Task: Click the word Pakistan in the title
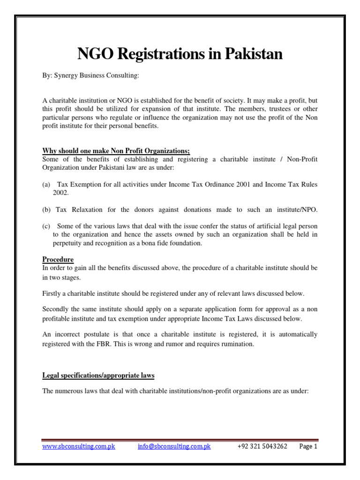coord(253,55)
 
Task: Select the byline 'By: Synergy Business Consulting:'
coord(91,76)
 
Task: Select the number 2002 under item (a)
coord(60,193)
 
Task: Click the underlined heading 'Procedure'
coord(58,259)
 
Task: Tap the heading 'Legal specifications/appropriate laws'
coord(98,375)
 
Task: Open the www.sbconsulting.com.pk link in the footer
coord(79,447)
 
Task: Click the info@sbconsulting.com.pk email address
coord(174,447)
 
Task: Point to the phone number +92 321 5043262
coord(262,447)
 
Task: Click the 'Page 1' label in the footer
coord(308,447)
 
